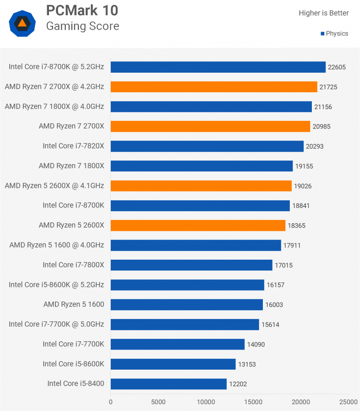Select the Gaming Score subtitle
(x=82, y=26)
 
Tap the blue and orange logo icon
(x=22, y=23)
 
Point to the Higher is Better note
(x=323, y=13)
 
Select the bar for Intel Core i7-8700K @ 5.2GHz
(x=218, y=67)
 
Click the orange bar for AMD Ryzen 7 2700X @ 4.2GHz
(x=214, y=87)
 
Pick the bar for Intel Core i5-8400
(x=169, y=384)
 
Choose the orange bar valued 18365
(x=198, y=226)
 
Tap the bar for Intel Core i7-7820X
(x=207, y=146)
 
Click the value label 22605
(x=337, y=67)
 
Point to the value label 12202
(x=238, y=384)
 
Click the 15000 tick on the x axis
(x=253, y=401)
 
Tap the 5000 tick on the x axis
(x=158, y=401)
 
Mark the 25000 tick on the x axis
(x=348, y=401)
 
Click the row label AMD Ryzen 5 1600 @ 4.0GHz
(x=57, y=245)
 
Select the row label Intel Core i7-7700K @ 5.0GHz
(x=56, y=324)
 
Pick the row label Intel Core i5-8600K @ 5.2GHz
(x=56, y=285)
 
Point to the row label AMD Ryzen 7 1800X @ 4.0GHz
(x=54, y=106)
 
